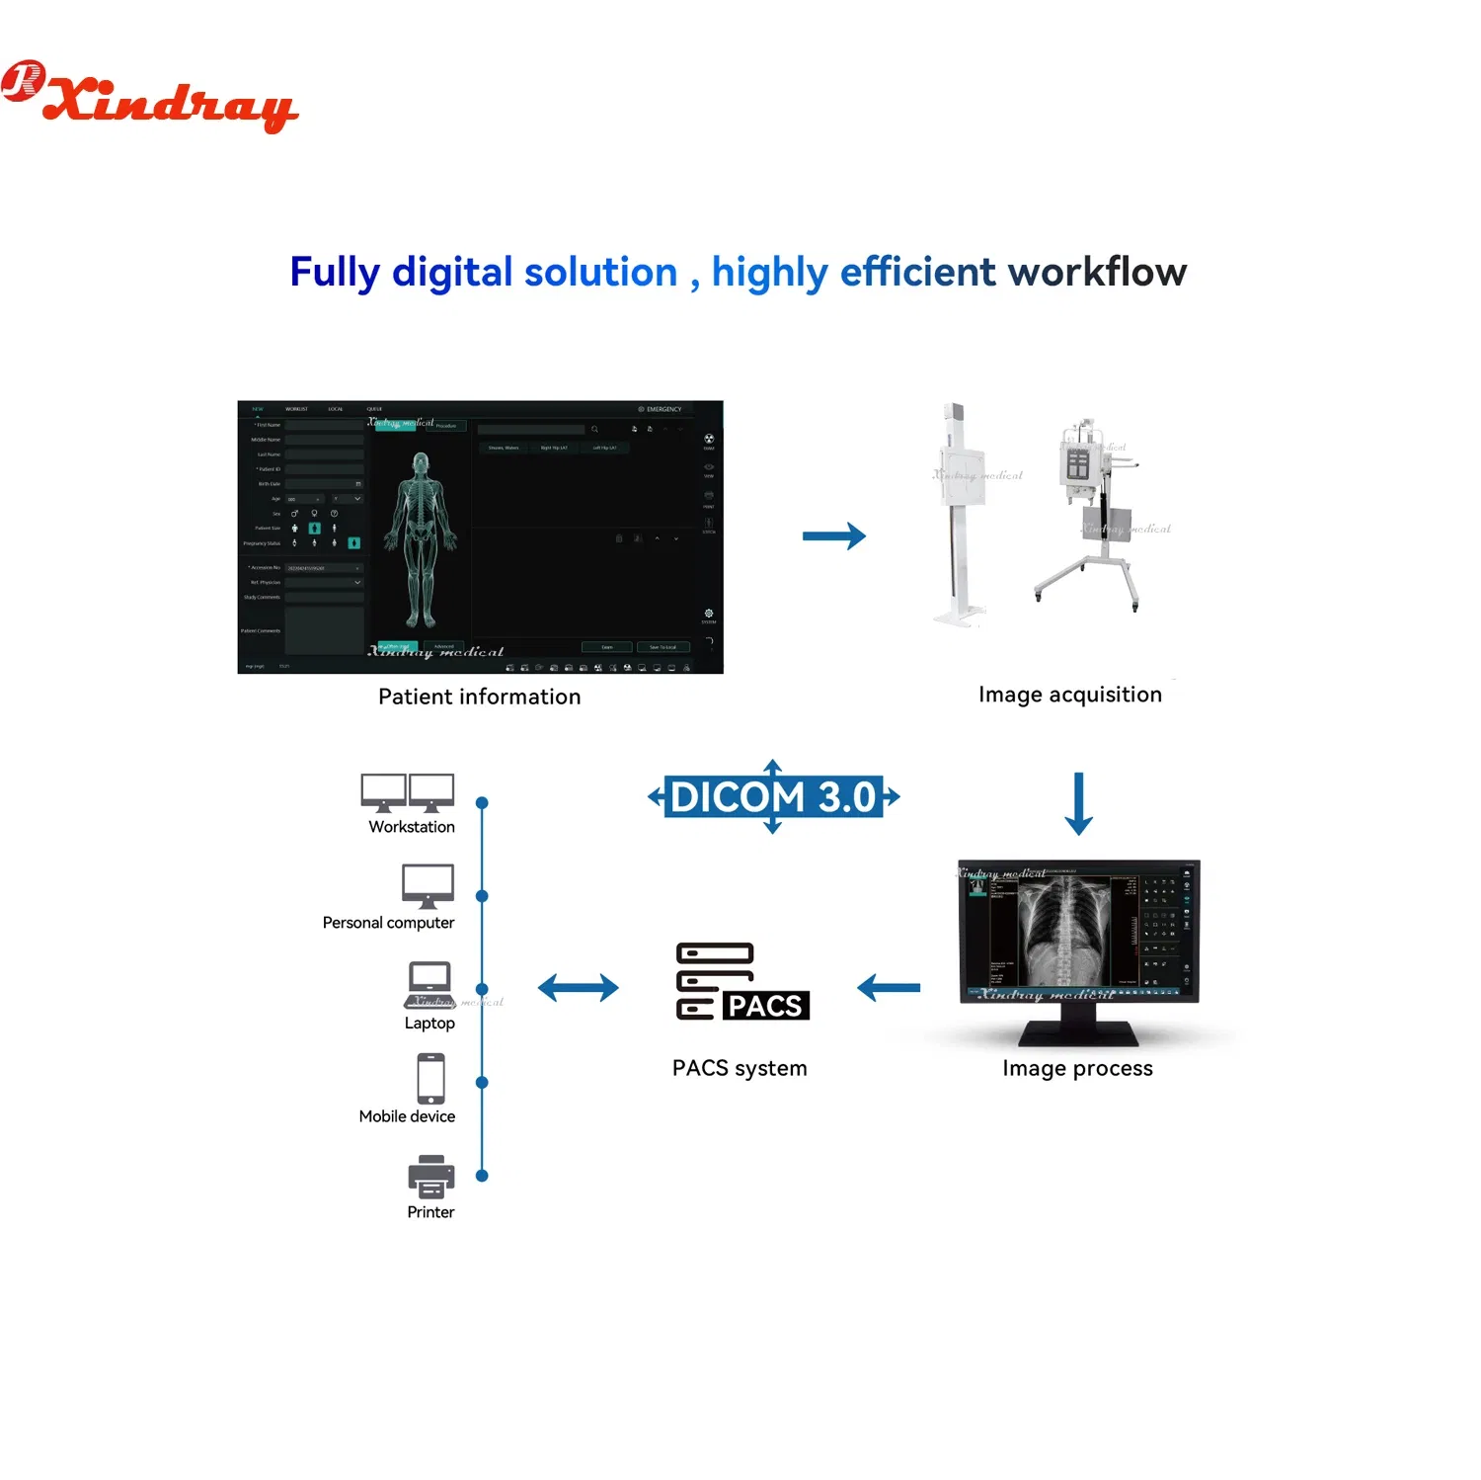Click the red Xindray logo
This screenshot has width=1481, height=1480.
coord(150,96)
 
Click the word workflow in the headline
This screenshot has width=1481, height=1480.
coord(1097,272)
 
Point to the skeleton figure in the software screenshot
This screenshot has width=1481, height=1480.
coord(422,539)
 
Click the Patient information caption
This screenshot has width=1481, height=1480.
coord(479,697)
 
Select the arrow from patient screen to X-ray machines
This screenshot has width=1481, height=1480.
coord(833,536)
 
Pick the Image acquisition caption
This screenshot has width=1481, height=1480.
coord(1069,695)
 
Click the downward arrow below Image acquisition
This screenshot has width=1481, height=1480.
coord(1078,803)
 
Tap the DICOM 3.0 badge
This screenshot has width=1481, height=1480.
coord(773,796)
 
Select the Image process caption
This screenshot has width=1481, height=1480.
coord(1077,1068)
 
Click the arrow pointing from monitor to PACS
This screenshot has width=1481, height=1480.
coord(889,987)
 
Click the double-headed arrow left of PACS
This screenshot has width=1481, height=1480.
coord(578,987)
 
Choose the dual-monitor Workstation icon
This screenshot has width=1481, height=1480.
coord(408,792)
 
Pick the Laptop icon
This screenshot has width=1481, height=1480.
coord(429,984)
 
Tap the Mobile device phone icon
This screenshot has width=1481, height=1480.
coord(430,1078)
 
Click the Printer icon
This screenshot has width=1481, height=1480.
coord(431,1176)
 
